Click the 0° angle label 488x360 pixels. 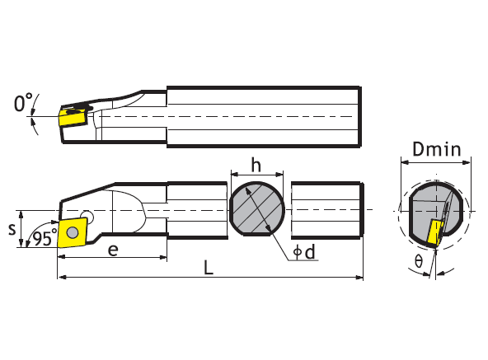(x=23, y=102)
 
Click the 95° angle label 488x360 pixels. (x=45, y=238)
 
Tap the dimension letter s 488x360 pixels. (x=12, y=229)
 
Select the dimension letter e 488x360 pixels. (x=113, y=250)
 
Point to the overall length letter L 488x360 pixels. (x=209, y=267)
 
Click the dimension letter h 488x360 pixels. (x=256, y=165)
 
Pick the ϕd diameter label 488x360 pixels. (x=304, y=251)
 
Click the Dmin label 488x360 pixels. (x=436, y=149)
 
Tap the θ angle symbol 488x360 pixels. (x=419, y=261)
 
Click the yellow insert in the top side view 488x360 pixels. (x=73, y=118)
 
